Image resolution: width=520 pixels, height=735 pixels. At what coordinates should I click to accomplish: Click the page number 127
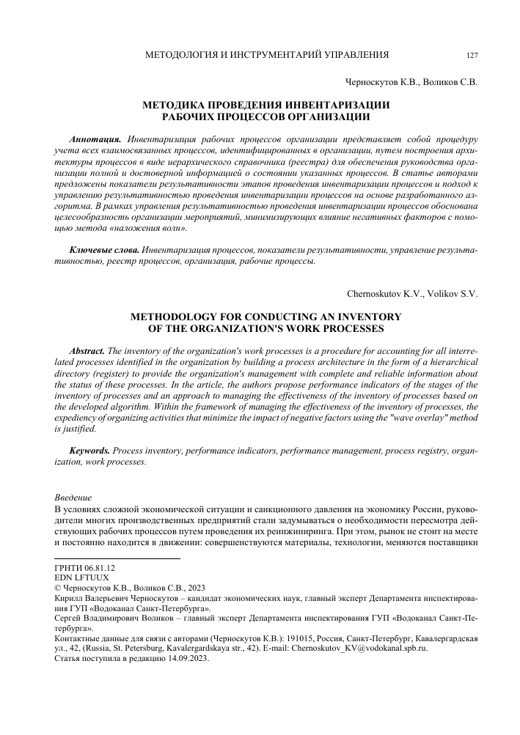coord(472,55)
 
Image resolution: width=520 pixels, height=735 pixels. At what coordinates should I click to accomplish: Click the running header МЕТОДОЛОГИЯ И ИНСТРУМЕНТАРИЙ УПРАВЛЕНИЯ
coord(268,55)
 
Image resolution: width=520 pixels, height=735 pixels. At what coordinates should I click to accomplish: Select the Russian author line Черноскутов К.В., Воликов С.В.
coord(411,83)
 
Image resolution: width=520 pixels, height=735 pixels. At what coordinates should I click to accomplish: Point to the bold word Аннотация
coord(95,138)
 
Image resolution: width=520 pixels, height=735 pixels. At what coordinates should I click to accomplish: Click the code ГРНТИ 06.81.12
coord(85,568)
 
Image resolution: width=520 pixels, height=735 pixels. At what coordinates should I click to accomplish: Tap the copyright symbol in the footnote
coord(59,588)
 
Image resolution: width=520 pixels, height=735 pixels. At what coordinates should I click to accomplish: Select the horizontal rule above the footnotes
coord(117,559)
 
